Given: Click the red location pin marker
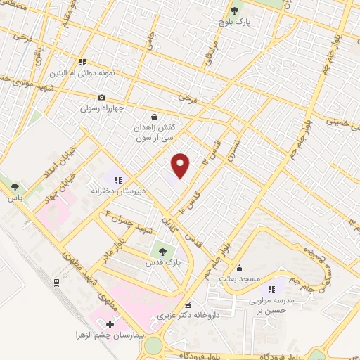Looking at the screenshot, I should point(181,165).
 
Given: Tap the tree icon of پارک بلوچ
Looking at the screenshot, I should point(235,11).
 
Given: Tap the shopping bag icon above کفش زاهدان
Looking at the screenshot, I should point(155,117).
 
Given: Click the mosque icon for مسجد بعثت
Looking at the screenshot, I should point(240,268).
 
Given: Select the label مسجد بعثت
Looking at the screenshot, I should point(240,279).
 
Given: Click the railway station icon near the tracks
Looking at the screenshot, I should point(56,283).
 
